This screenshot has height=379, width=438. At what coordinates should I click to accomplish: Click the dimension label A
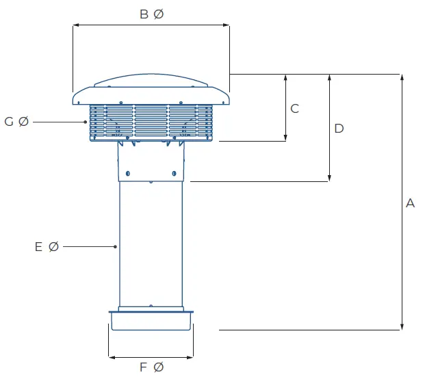tap(411, 203)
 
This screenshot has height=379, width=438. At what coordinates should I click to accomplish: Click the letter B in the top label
tap(144, 14)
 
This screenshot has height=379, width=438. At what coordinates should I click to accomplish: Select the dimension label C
tap(295, 108)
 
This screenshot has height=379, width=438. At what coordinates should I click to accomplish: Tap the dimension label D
tap(339, 129)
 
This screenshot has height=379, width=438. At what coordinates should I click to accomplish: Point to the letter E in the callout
tap(39, 246)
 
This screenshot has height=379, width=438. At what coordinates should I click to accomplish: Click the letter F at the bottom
tap(144, 368)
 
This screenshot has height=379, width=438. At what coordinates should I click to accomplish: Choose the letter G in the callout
tap(9, 122)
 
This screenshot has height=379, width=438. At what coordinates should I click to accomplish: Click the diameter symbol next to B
tap(159, 14)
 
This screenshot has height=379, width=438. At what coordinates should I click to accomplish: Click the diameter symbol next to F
tap(159, 368)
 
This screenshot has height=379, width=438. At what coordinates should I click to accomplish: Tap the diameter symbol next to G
tap(24, 122)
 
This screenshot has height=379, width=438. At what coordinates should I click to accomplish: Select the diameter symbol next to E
tap(54, 246)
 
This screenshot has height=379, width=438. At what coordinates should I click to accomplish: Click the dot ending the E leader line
tap(116, 246)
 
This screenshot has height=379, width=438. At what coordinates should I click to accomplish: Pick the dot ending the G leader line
tap(86, 122)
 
